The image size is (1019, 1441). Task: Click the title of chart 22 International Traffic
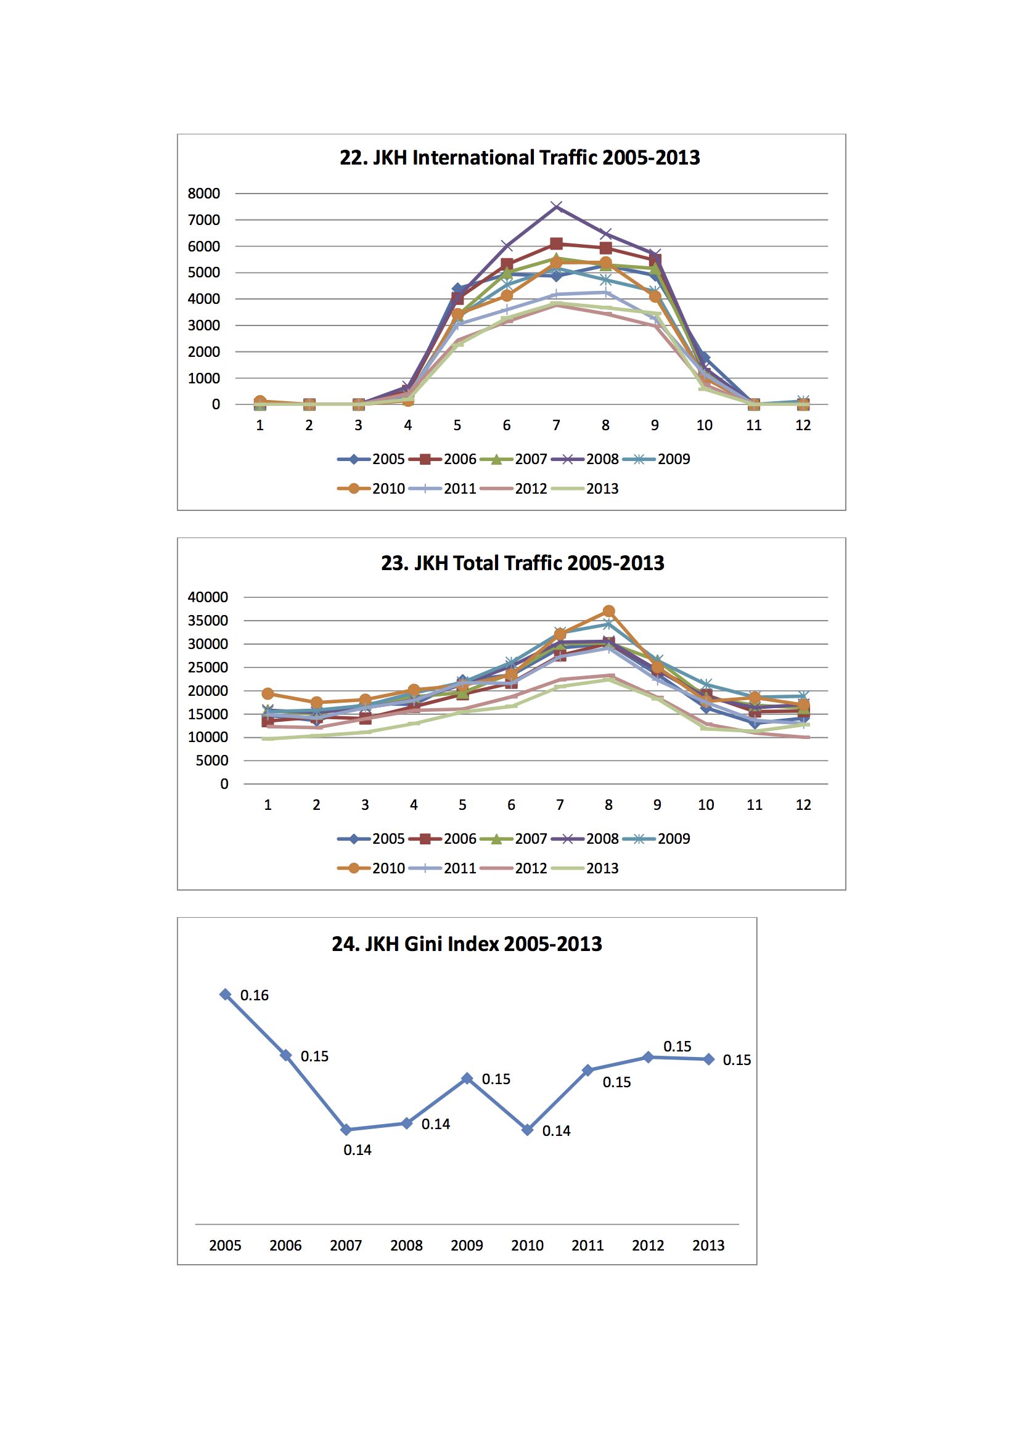click(519, 158)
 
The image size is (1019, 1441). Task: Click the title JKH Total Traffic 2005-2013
click(522, 563)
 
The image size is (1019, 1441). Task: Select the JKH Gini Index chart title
click(467, 944)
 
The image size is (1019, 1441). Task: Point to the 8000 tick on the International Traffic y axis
click(204, 194)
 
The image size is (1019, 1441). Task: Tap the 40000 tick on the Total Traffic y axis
click(208, 597)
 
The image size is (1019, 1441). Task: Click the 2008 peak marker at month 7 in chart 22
click(556, 206)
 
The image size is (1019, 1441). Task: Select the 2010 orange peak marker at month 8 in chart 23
click(608, 611)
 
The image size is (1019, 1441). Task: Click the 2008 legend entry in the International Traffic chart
click(585, 459)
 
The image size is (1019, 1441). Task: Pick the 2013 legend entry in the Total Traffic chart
click(585, 868)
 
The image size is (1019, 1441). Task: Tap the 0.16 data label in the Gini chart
click(254, 995)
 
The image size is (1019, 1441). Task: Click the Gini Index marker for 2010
click(528, 1130)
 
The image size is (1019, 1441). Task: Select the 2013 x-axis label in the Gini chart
click(708, 1245)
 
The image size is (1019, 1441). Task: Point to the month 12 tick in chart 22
click(803, 425)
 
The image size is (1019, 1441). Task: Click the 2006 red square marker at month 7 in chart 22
click(556, 243)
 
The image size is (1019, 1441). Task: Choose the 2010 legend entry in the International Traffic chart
click(371, 488)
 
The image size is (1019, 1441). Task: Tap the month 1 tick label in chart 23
click(268, 804)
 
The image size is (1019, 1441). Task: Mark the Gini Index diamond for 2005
click(225, 994)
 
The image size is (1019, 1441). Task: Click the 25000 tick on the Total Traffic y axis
click(208, 667)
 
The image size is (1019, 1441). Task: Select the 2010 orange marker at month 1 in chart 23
click(268, 693)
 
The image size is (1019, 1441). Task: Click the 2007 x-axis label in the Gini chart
click(346, 1245)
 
